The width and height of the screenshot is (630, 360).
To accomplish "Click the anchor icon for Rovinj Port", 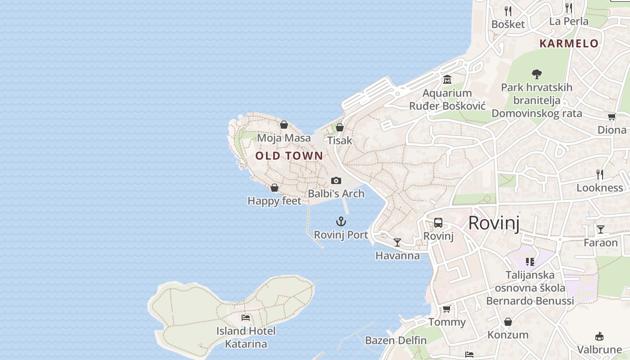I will (x=341, y=221).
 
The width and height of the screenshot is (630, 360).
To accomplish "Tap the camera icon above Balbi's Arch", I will (x=336, y=180).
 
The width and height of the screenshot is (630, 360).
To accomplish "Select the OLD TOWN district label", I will (x=289, y=156).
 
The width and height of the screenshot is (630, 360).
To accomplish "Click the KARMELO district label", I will (x=569, y=44).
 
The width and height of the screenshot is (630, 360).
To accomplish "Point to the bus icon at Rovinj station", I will (x=438, y=223).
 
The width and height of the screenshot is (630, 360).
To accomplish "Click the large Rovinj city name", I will (x=494, y=223).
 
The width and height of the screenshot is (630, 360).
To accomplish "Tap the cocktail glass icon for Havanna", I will (x=397, y=243).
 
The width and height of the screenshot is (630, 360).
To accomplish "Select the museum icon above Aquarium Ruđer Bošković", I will (x=447, y=80).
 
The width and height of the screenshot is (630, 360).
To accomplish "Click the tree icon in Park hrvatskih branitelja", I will (x=536, y=74).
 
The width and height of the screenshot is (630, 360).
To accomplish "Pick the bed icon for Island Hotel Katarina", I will (x=245, y=318).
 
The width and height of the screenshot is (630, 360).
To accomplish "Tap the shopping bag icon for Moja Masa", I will (x=283, y=125).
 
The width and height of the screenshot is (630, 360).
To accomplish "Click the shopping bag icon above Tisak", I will (x=340, y=127).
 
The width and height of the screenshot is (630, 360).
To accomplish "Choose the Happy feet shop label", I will (x=274, y=201).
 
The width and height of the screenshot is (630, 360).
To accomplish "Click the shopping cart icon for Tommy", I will (x=446, y=309).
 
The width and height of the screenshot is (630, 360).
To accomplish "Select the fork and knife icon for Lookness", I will (x=599, y=174).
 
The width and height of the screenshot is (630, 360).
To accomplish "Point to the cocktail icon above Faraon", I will (x=600, y=229).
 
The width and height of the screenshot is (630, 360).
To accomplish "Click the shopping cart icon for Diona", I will (x=612, y=117).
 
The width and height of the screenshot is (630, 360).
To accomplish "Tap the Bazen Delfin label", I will (x=396, y=340).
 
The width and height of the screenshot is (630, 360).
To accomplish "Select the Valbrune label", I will (x=599, y=349).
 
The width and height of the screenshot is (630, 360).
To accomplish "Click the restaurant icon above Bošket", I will (x=508, y=11).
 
